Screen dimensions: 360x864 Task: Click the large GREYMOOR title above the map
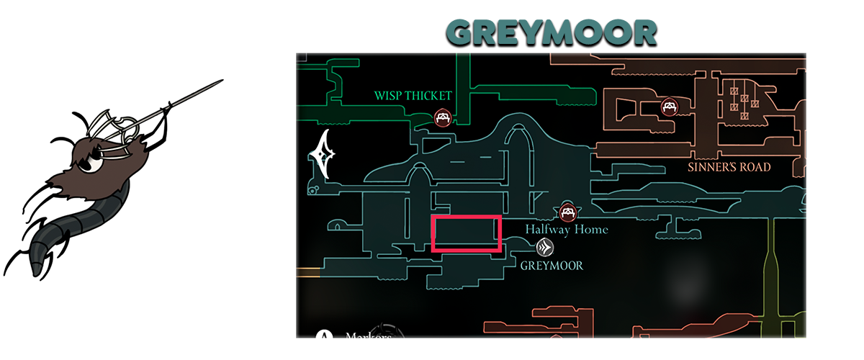(551, 33)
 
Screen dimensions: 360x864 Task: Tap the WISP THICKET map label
(413, 96)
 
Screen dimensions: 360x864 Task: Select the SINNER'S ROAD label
(728, 167)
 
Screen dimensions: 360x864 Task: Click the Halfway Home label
(566, 230)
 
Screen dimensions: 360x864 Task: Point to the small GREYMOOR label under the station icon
(551, 266)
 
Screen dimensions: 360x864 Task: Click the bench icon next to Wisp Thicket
(443, 117)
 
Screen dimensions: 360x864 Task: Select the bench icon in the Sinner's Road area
(668, 107)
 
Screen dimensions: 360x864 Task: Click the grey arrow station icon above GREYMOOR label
(545, 248)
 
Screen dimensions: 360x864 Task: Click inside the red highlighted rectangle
(466, 233)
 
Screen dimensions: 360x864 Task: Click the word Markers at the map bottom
(369, 337)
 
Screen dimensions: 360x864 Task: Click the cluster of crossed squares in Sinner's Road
(741, 99)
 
